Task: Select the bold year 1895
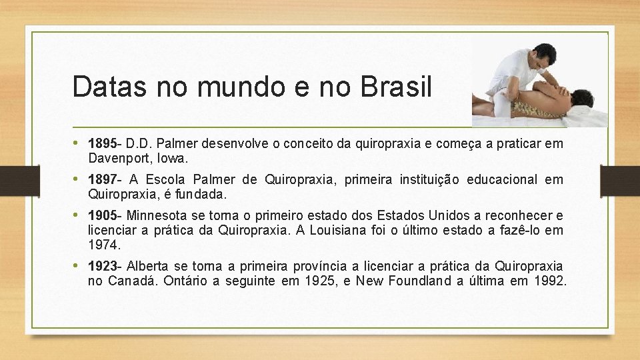[x=103, y=143]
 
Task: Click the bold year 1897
[x=103, y=179]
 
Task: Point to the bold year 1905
[x=103, y=215]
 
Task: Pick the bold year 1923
[x=103, y=266]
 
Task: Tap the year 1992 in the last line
[x=549, y=281]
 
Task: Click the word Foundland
[x=417, y=281]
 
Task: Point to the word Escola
[x=167, y=179]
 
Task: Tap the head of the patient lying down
[x=582, y=98]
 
